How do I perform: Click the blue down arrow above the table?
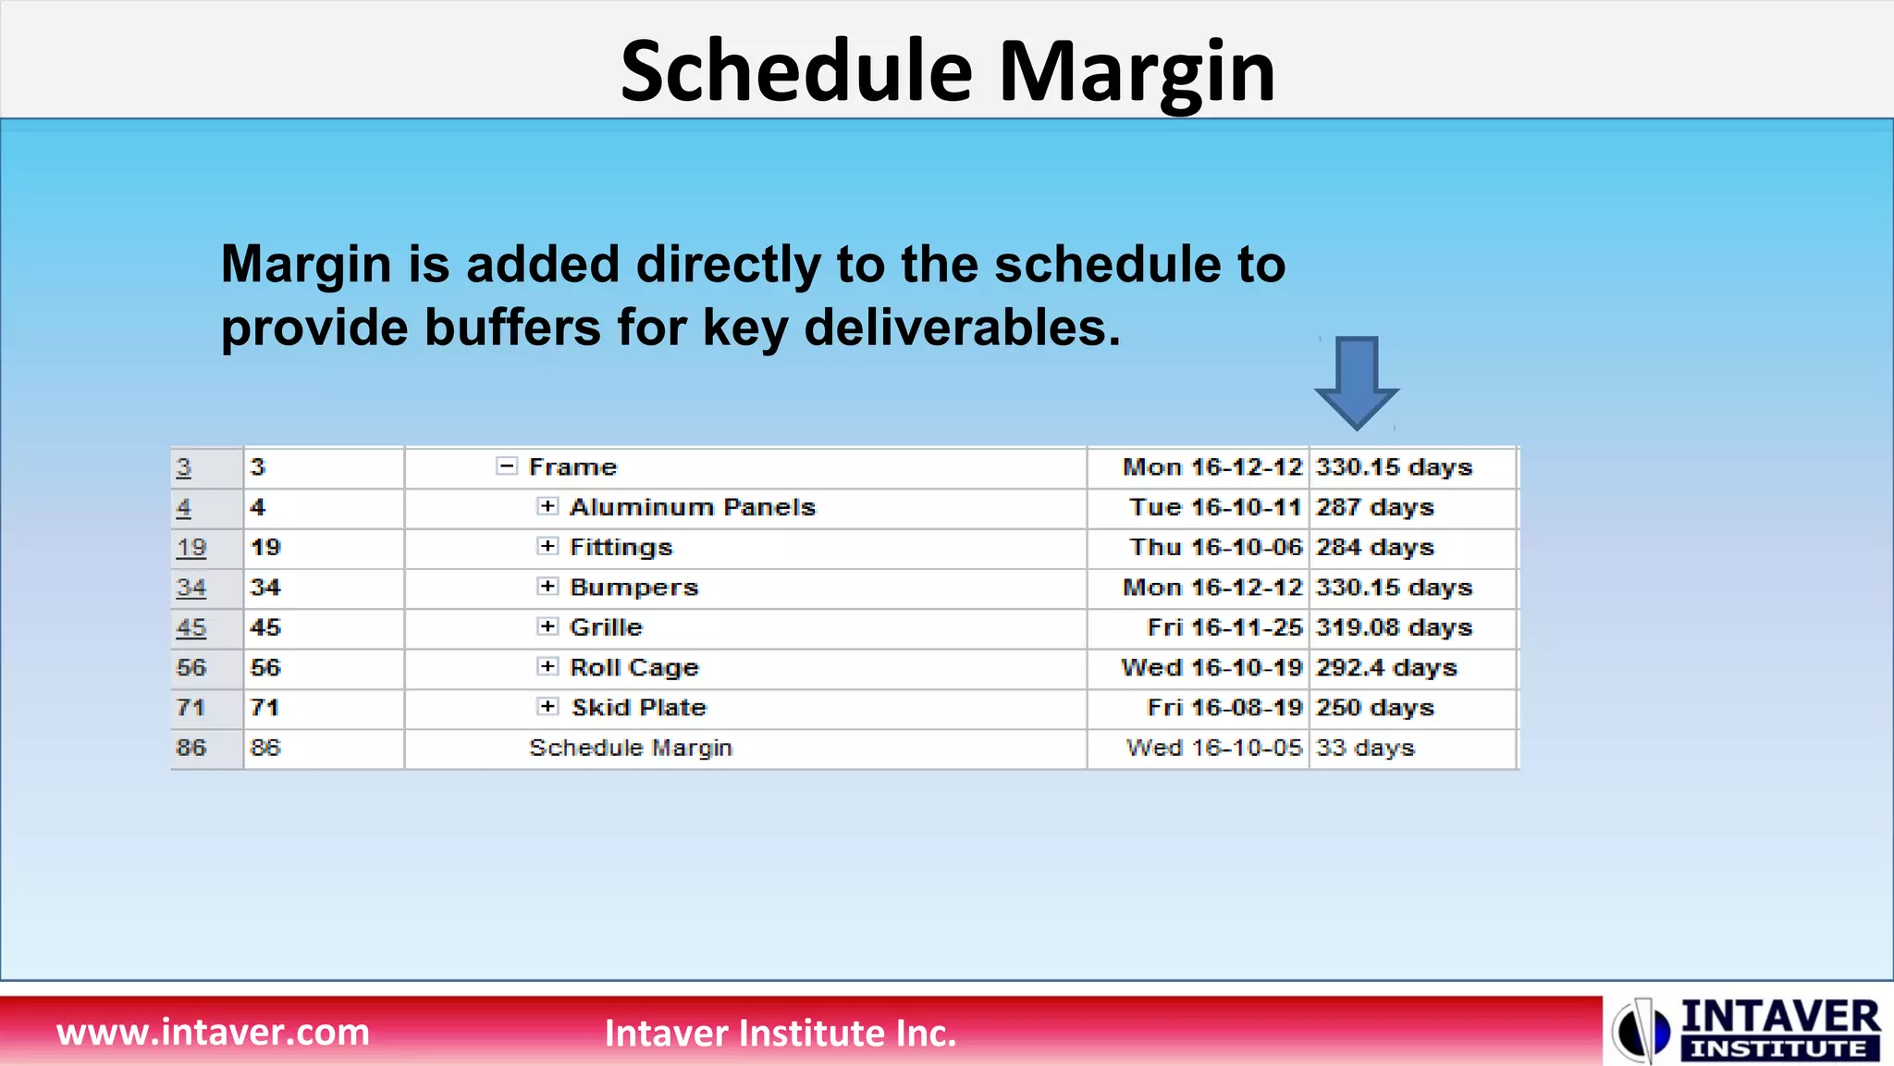coord(1356,380)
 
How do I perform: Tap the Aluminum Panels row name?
coord(692,507)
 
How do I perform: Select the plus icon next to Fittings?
coord(547,546)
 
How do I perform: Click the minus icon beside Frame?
coord(506,466)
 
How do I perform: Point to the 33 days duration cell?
coord(1365,748)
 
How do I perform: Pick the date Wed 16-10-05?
coord(1213,748)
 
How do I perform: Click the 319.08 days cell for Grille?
coord(1394,627)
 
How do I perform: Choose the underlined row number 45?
coord(191,627)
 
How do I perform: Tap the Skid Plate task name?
coord(638,708)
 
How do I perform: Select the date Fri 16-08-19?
coord(1224,708)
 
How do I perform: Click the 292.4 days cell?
coord(1385,667)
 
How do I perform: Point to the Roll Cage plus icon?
coord(547,666)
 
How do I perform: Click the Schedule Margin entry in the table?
coord(630,748)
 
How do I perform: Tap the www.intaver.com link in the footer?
coord(213,1032)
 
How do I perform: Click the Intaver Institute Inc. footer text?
coord(780,1033)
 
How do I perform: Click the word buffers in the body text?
coord(512,328)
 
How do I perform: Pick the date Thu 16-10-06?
coord(1215,547)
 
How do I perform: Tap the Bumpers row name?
coord(633,588)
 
